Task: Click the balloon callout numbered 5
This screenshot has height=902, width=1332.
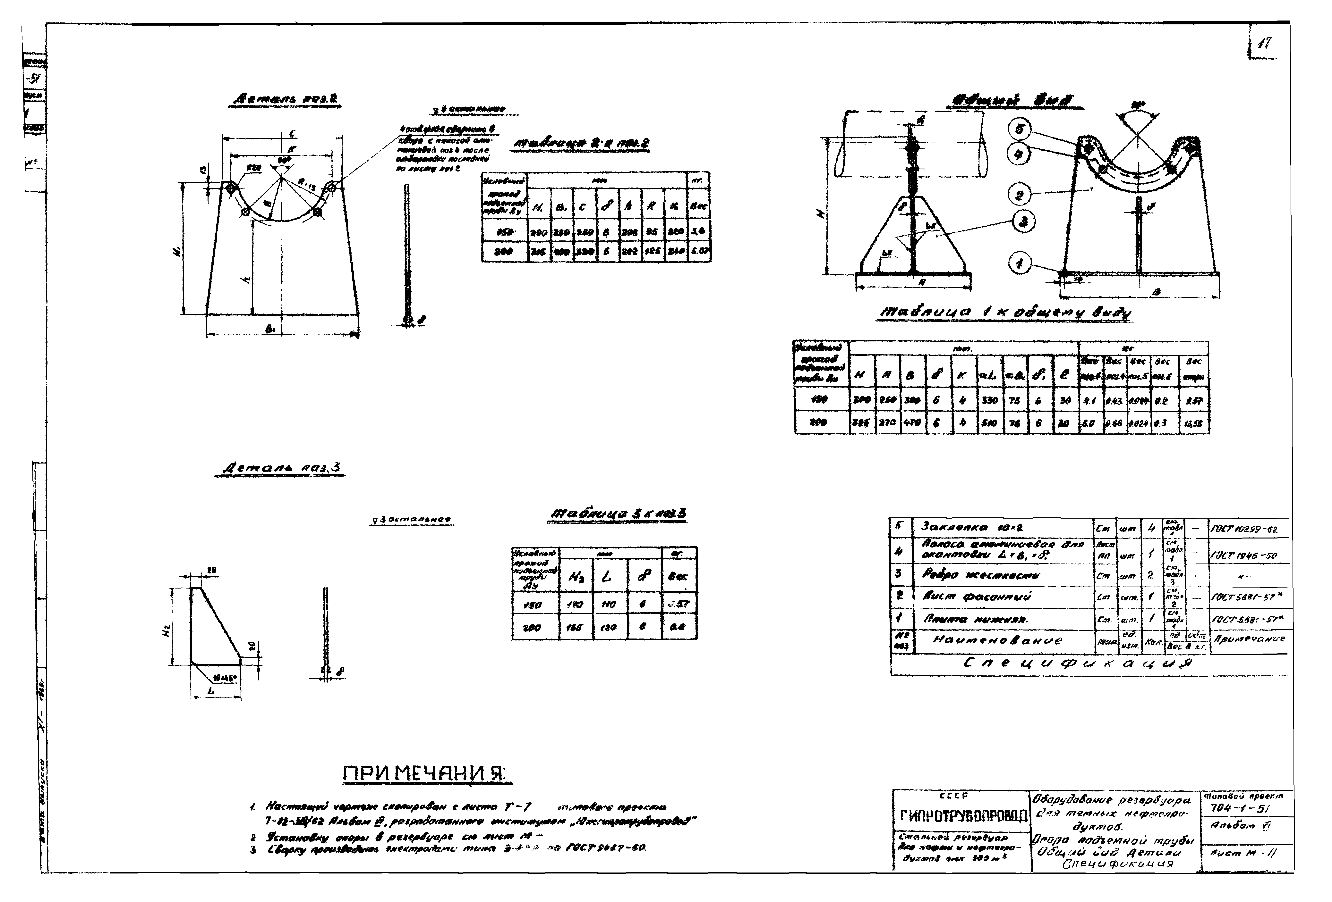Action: click(1019, 129)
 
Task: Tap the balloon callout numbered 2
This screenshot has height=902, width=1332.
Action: click(1019, 196)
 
